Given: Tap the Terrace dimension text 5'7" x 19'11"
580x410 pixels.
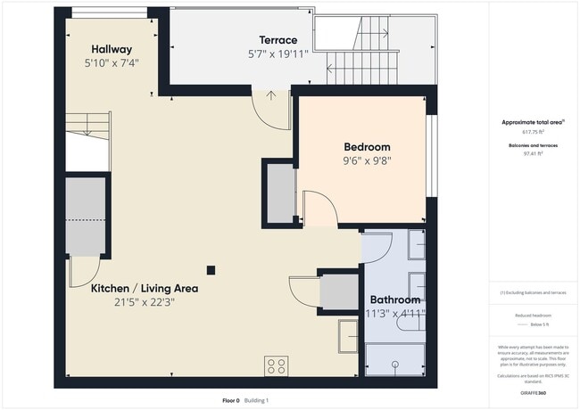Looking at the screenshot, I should point(278,54).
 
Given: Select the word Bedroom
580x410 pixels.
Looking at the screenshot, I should point(367,147).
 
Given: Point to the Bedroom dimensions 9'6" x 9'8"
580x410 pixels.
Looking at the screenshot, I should point(367,161).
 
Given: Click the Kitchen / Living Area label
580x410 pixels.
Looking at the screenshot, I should point(145,289).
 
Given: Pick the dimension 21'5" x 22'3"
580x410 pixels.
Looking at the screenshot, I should point(144,302).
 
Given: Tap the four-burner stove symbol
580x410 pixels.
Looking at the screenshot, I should point(276,365).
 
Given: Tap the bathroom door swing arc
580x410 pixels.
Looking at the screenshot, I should point(377,248).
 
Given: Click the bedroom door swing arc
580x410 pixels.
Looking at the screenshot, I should point(319,209).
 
